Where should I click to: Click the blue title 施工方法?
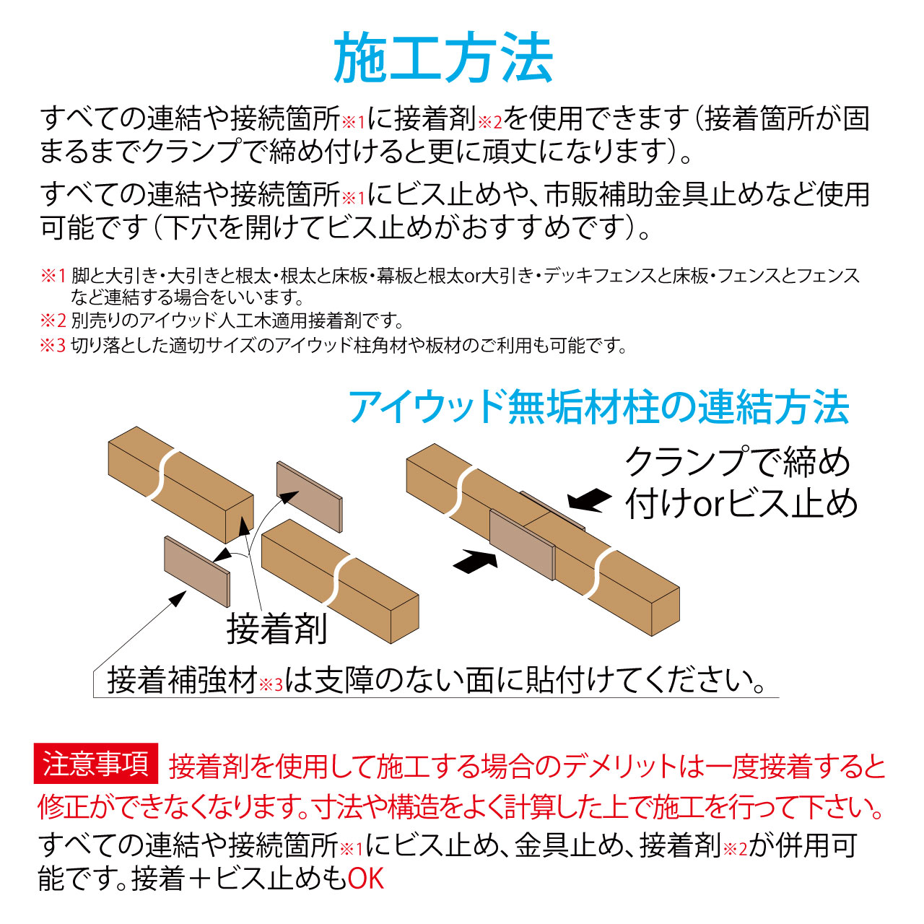coord(443,58)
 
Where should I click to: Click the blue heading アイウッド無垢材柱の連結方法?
coord(599,407)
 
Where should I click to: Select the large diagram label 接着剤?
coord(276,629)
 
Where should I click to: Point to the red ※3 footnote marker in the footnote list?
coord(53,346)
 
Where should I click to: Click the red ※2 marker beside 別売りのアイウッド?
coord(53,321)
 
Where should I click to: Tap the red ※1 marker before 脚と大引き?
coord(53,276)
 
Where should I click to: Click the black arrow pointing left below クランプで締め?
coord(589,500)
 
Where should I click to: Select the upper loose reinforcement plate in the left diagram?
coord(310,497)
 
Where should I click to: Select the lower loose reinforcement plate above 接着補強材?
coord(197,572)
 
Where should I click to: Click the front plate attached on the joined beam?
coord(522,544)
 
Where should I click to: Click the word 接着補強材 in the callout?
coord(183,681)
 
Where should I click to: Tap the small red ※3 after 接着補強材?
coord(271,685)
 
